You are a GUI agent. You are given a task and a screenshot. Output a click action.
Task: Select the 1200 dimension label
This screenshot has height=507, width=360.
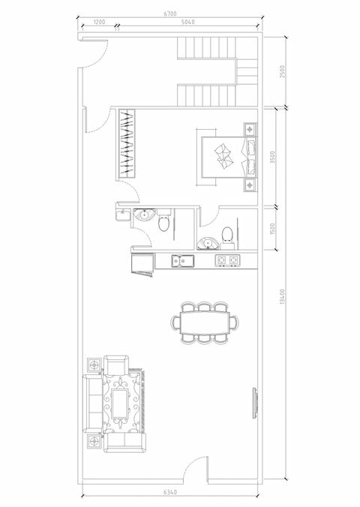coord(98,24)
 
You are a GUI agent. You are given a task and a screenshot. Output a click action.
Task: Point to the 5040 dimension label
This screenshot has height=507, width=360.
coord(188,24)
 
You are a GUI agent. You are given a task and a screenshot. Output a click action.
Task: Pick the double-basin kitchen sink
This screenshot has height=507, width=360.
coord(182,261)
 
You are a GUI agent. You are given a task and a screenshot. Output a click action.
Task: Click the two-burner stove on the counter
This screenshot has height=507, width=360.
coord(228,261)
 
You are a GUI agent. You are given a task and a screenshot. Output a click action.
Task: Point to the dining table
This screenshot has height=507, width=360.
coord(206,322)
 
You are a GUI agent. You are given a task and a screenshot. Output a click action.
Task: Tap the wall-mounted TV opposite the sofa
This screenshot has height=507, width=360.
coord(253,405)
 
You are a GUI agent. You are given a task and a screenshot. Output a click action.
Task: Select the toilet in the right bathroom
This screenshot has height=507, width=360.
coord(229,235)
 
